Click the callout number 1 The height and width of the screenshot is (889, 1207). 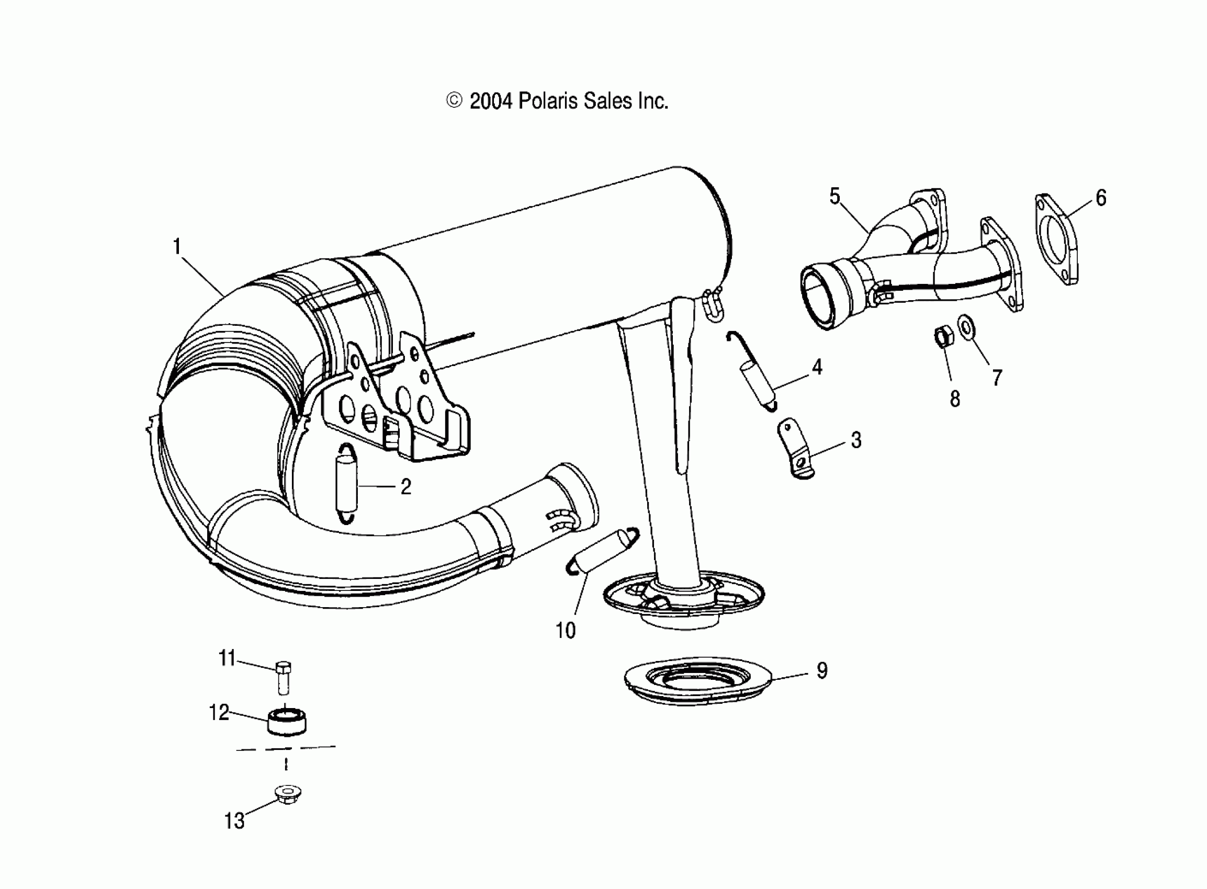[177, 247]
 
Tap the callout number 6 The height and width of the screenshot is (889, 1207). [1101, 198]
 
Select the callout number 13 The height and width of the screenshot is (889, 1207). [234, 820]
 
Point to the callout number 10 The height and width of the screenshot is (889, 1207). [565, 630]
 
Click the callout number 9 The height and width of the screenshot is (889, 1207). [821, 670]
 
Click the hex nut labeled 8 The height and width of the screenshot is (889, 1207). [943, 337]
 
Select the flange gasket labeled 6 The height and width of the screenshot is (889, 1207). [1056, 238]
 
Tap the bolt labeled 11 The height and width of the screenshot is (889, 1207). [284, 678]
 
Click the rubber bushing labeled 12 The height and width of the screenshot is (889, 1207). [287, 721]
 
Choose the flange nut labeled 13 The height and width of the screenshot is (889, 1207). [287, 793]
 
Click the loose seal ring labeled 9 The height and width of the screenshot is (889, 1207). [698, 681]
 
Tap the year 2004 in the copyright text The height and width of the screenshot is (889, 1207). [490, 101]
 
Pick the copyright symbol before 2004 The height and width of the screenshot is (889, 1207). [454, 100]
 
